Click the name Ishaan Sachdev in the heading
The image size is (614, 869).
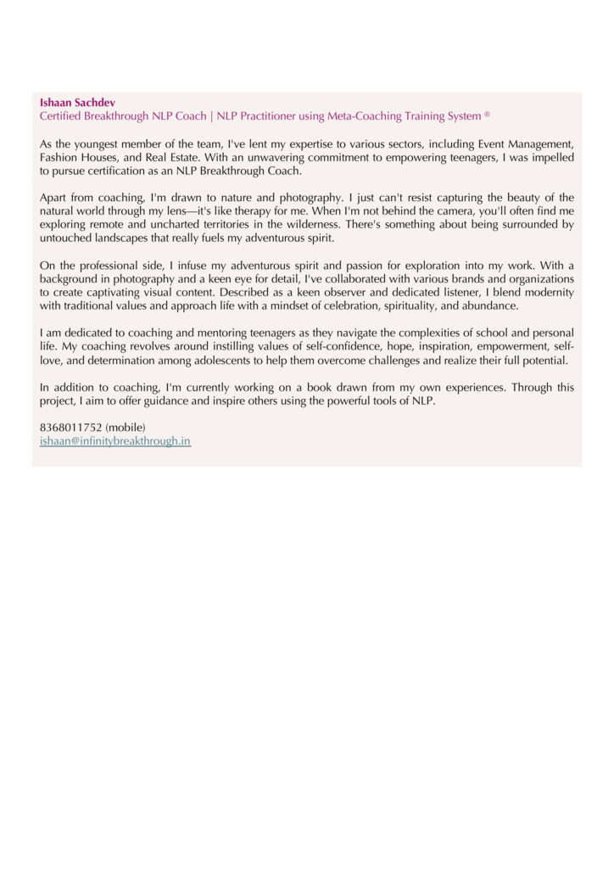pos(77,103)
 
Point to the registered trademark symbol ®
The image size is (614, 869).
pos(488,115)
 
